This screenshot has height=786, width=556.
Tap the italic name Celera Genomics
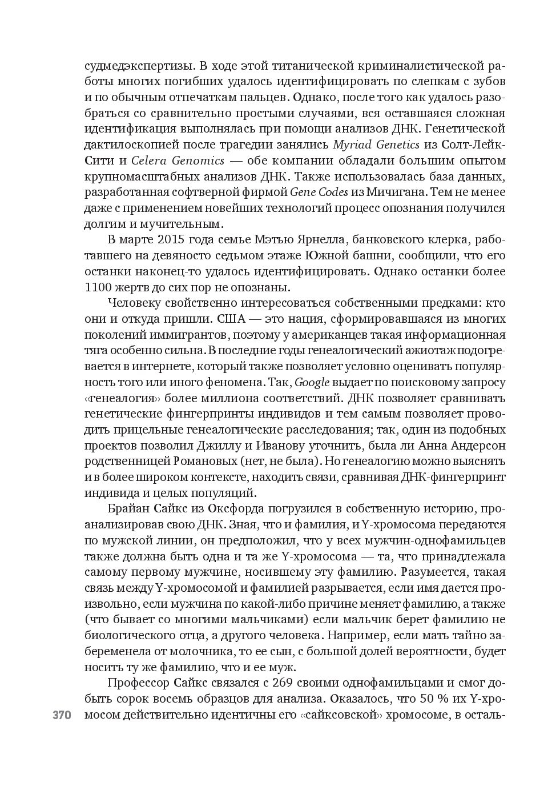click(178, 161)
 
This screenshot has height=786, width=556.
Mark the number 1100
click(100, 287)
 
